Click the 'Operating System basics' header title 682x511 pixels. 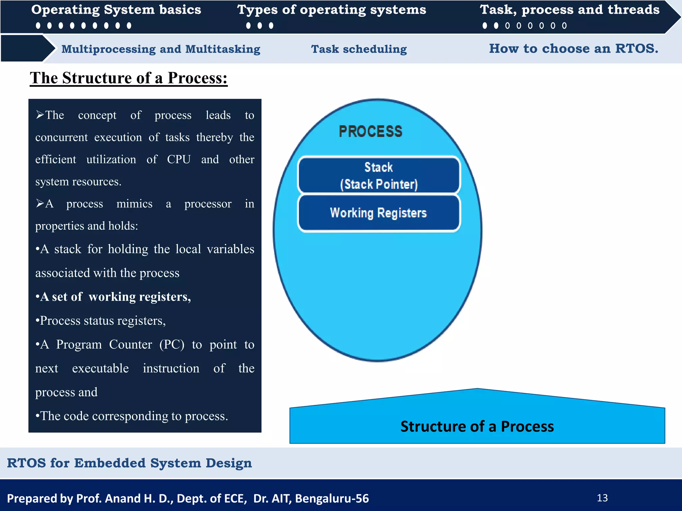[x=116, y=10]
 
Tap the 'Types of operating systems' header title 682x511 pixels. [x=331, y=10]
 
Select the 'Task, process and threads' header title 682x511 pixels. [x=569, y=10]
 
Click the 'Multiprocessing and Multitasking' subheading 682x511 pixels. [x=161, y=49]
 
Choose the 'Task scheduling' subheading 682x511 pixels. [x=359, y=49]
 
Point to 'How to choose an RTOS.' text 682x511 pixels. [x=573, y=49]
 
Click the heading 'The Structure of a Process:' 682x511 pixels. [x=129, y=78]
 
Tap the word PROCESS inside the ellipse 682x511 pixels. [x=371, y=131]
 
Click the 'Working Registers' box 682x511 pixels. [x=379, y=213]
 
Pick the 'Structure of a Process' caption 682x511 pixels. [x=477, y=426]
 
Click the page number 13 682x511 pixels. [x=602, y=498]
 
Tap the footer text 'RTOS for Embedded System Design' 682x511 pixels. [x=129, y=463]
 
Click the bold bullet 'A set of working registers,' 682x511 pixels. [x=113, y=297]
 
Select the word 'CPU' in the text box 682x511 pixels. [x=179, y=159]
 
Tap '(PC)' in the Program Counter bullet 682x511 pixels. [x=172, y=345]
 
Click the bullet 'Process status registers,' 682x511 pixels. [x=101, y=321]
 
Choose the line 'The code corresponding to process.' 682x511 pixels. [x=132, y=416]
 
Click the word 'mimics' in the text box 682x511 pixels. [x=134, y=204]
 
